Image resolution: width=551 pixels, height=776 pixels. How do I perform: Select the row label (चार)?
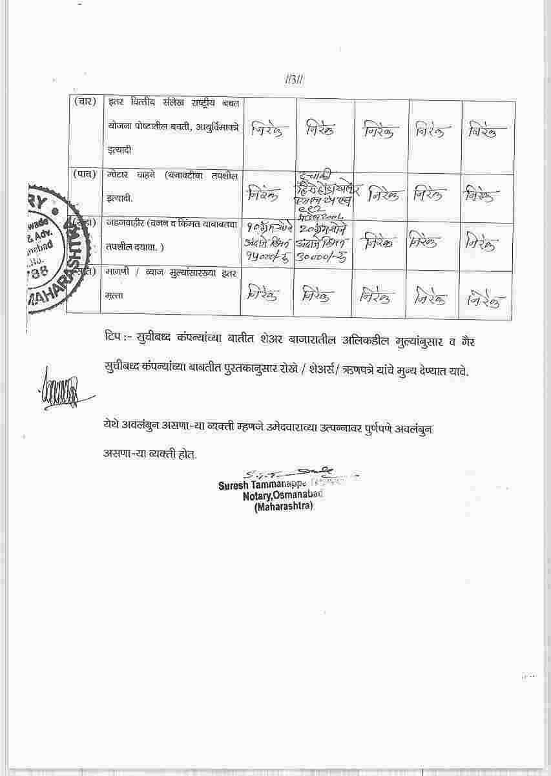[x=85, y=101]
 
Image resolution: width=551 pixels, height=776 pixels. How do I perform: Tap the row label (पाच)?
[x=85, y=174]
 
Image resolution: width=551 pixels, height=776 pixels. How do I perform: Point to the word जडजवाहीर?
[x=126, y=224]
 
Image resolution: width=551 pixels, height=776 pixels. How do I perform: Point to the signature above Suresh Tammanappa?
[x=291, y=472]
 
